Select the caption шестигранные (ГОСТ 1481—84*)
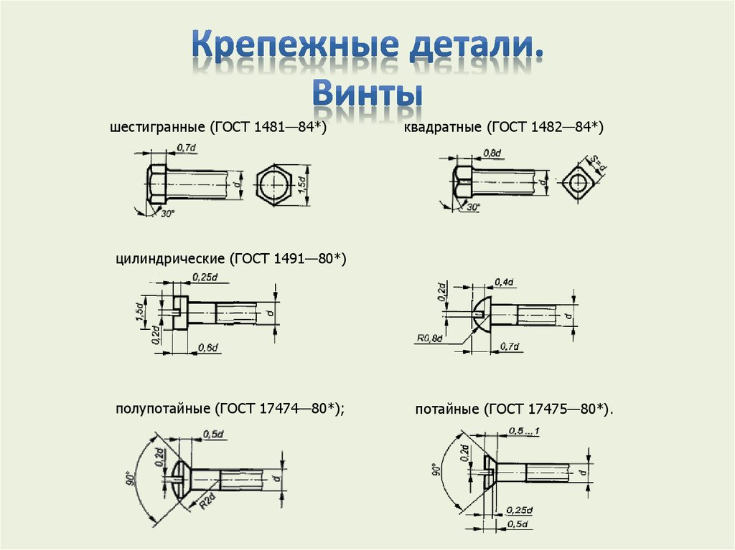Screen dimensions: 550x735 [217, 128]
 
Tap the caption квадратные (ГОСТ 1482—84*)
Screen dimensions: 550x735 [503, 128]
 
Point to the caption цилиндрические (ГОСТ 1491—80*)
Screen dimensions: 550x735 [230, 258]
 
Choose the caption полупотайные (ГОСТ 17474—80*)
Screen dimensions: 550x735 [230, 409]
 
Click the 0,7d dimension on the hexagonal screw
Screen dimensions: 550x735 [186, 148]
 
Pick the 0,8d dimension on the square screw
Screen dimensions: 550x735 [492, 153]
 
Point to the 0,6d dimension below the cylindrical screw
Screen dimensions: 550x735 [207, 348]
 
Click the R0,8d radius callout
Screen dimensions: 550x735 [429, 336]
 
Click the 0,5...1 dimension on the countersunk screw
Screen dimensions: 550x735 [524, 430]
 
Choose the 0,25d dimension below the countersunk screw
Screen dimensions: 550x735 [518, 510]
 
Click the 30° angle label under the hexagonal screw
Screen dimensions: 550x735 [167, 214]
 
